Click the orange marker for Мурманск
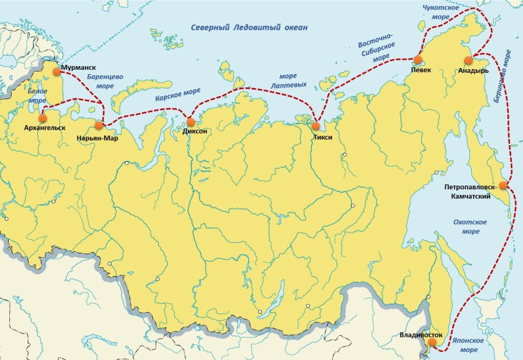57,72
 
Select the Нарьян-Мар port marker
98,125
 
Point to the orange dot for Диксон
191,122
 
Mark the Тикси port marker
316,126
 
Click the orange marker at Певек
417,60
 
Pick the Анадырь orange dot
468,60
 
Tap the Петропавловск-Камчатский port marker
503,184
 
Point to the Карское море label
177,95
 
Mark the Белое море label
37,95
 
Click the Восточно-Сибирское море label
376,50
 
